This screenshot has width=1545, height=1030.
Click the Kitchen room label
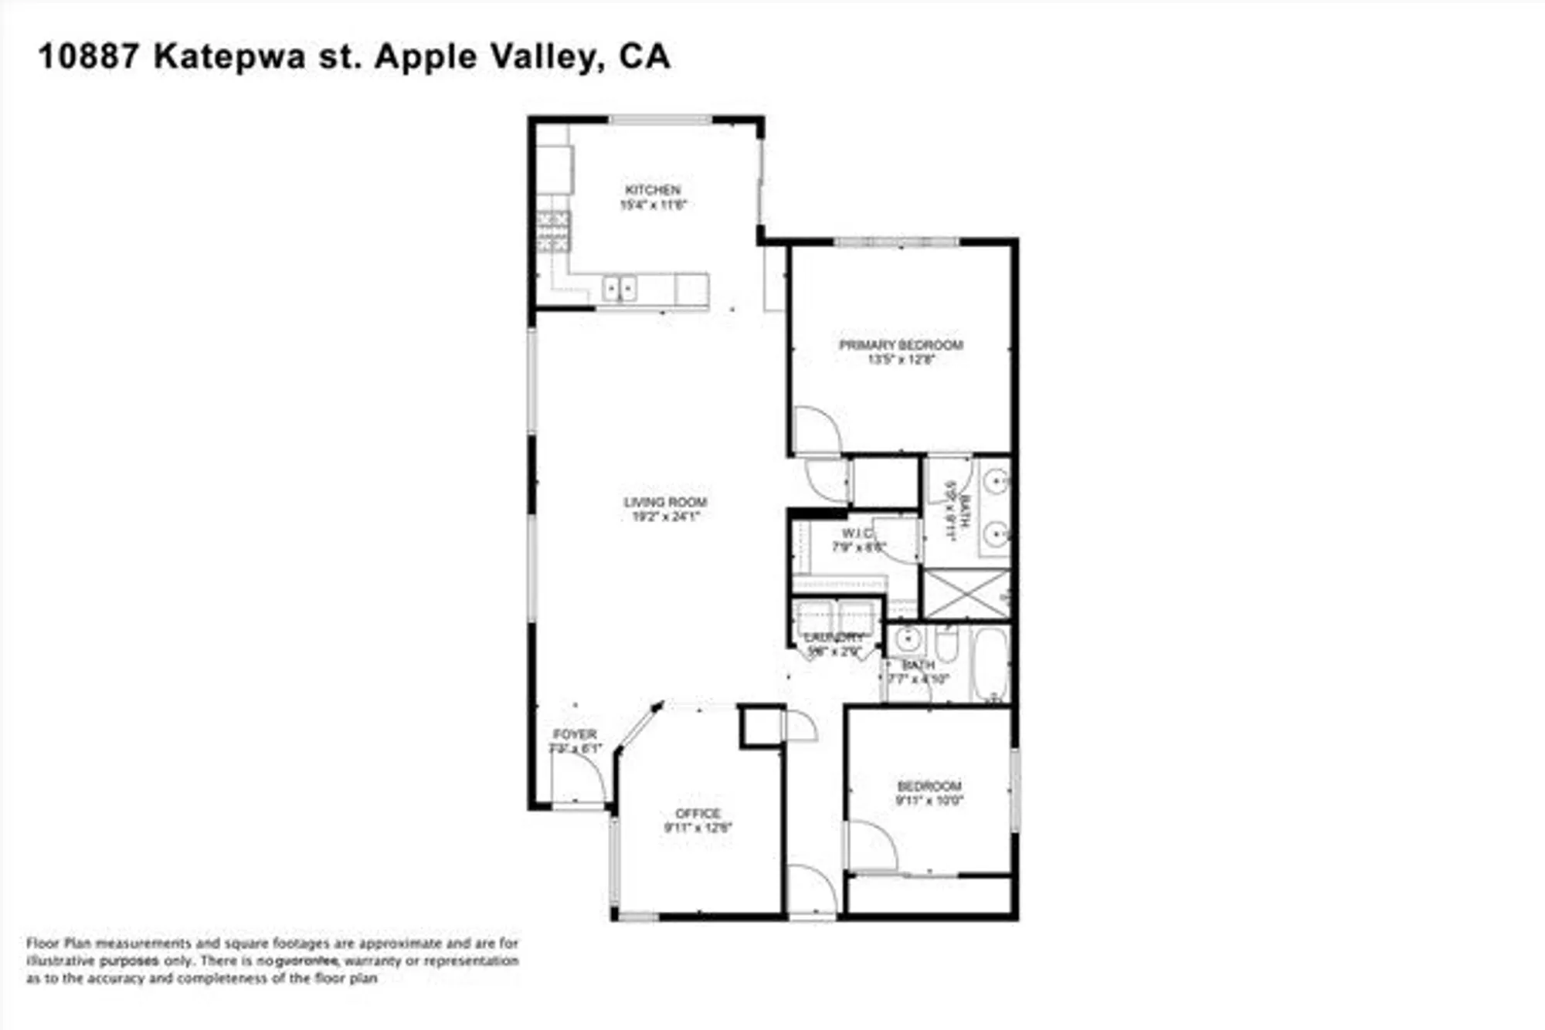653,190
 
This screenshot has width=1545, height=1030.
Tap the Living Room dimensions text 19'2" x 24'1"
665,517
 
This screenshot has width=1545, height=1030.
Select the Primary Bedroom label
901,345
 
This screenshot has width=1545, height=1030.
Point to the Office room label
698,813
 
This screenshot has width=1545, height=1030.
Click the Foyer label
575,734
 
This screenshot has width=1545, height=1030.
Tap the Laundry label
834,638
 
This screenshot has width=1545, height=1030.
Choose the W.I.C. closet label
857,534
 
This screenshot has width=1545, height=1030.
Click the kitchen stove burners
554,232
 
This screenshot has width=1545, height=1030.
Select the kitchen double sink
619,289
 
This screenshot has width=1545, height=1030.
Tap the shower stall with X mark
966,594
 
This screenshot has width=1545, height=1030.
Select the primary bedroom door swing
816,430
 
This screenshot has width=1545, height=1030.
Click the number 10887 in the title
89,56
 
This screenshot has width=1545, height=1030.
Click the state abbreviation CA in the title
644,56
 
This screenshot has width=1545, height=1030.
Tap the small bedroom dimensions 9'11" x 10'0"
929,801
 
